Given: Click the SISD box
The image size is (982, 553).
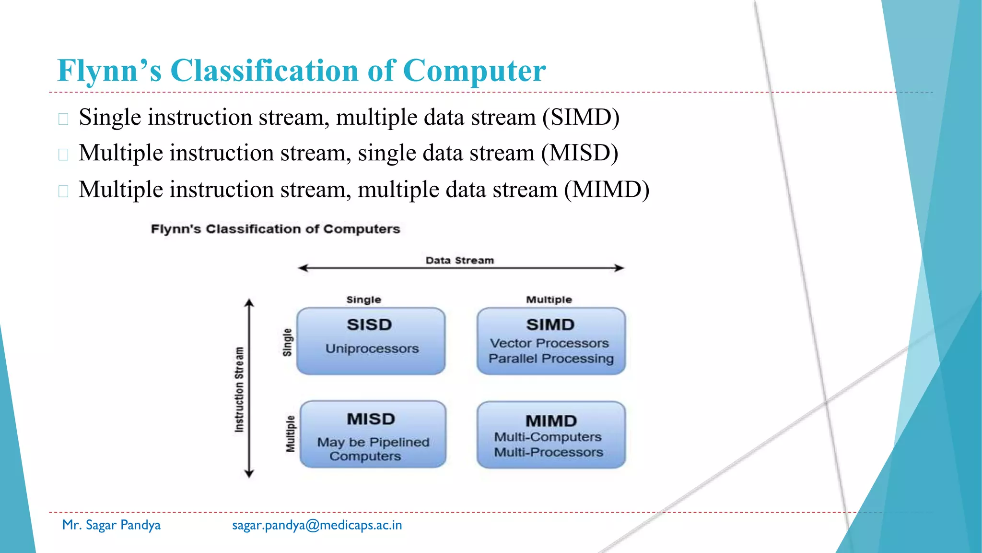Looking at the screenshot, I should (371, 341).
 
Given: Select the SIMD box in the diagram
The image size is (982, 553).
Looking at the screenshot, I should (551, 341).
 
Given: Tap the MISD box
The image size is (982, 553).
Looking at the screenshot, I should (373, 434).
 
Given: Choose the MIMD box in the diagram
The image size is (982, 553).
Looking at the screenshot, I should (551, 435).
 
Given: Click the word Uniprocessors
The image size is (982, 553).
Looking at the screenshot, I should (372, 349).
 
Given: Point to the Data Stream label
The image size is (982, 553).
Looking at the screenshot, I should (459, 260).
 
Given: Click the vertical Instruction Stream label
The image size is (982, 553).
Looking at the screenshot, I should (239, 389).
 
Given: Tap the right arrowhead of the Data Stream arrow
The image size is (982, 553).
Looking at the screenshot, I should (620, 268).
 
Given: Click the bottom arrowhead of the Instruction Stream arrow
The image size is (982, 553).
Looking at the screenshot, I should (249, 474).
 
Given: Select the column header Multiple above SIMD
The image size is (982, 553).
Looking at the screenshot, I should (549, 300).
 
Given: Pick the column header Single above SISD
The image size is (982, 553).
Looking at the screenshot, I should (363, 300).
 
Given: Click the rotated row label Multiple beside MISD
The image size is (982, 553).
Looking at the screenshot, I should (290, 434).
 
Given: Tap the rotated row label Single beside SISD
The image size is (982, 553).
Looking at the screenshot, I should (287, 342).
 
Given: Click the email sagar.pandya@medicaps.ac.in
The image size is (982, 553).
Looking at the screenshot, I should (317, 525).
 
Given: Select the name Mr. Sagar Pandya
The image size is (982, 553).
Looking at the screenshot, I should (111, 525).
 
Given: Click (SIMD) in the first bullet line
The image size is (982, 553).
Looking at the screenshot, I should (581, 118).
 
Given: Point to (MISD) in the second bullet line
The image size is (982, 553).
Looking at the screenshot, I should (579, 153).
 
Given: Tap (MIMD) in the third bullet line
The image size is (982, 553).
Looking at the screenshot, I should (607, 190).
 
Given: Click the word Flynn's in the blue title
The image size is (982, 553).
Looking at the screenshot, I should (109, 71).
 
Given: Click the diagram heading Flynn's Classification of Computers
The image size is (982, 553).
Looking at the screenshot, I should (275, 229).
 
